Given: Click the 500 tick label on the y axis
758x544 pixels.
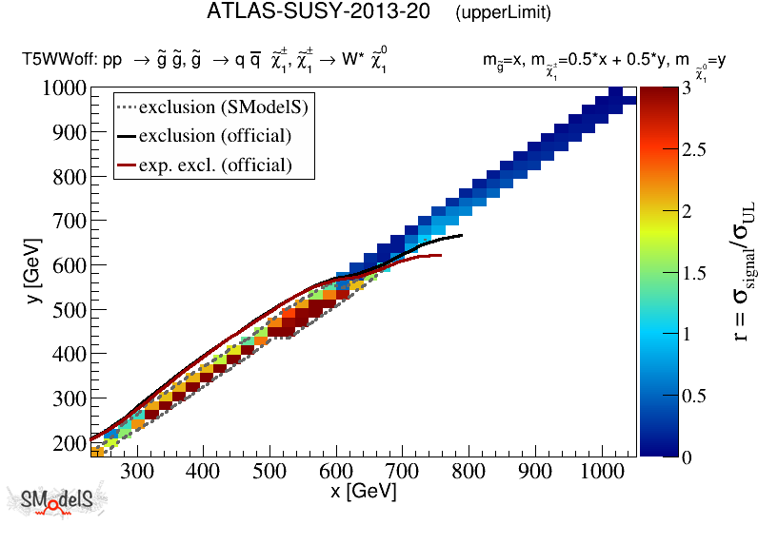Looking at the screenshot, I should click(70, 309).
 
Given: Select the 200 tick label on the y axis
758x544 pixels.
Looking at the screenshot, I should click(70, 442).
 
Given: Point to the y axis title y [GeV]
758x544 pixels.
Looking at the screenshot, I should click(30, 285).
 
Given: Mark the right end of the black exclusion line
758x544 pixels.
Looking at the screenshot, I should click(462, 236).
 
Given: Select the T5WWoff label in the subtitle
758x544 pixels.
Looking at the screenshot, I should click(55, 61).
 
